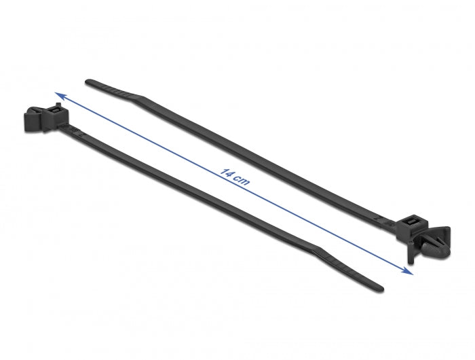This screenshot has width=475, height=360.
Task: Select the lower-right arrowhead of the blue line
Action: pos(408,272)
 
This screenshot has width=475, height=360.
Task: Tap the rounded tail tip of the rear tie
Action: pos(88,83)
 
